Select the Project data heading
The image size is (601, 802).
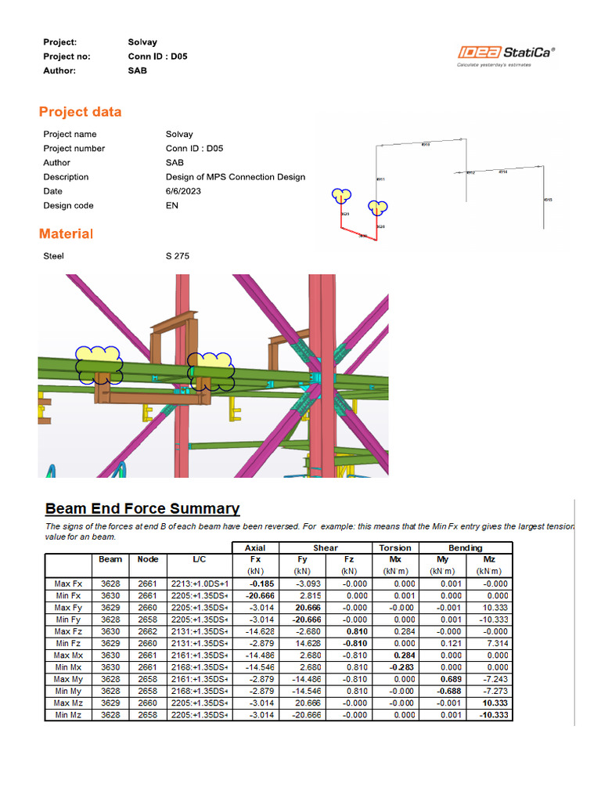(81, 112)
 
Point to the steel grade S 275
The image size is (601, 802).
(178, 256)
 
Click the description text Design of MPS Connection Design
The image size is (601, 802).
(235, 177)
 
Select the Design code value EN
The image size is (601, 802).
(172, 205)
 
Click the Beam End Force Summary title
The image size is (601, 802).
(142, 508)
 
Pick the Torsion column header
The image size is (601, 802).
(395, 548)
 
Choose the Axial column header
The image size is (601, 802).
(256, 548)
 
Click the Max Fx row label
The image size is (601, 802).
(69, 583)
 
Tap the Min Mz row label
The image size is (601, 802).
(69, 715)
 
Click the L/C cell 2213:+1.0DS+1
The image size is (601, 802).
(199, 583)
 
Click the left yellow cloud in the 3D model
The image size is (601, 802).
(99, 363)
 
